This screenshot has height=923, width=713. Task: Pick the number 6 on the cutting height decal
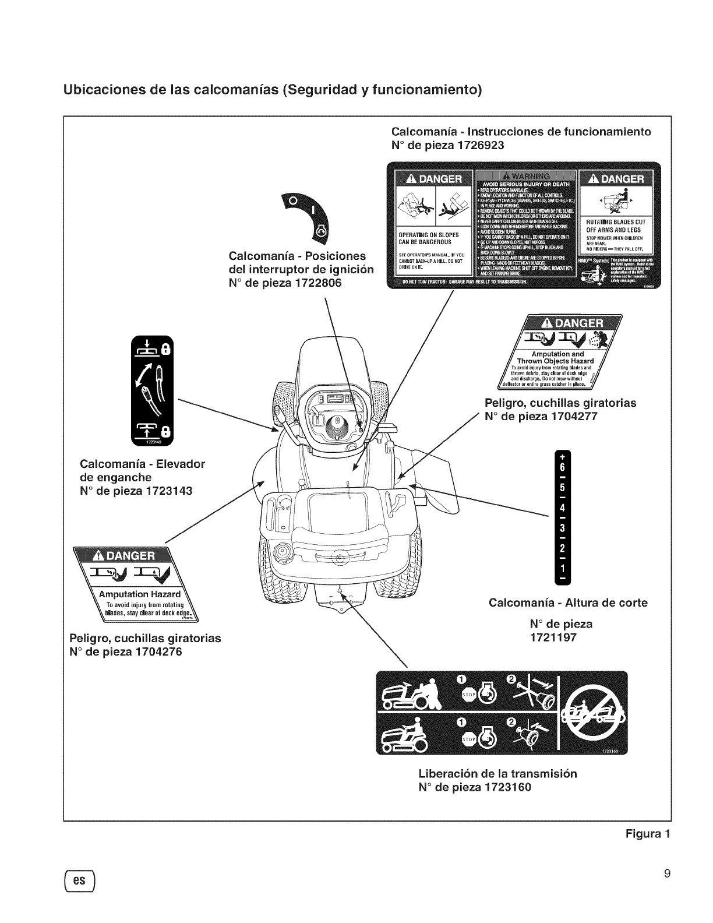pos(562,468)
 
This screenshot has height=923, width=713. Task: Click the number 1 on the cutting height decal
pos(562,568)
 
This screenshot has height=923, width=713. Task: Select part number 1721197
pos(553,637)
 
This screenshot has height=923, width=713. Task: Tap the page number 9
pos(667,872)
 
